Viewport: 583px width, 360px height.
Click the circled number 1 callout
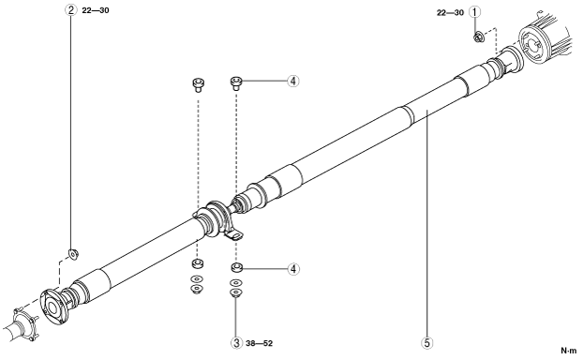tap(474, 12)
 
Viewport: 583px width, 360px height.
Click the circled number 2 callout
tap(70, 10)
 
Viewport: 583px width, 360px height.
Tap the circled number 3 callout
tap(236, 343)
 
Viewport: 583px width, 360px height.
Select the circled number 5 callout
tap(427, 343)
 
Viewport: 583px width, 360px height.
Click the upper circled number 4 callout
tap(293, 81)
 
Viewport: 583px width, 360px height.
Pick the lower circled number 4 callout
tap(293, 269)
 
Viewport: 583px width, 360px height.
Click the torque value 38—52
tap(259, 343)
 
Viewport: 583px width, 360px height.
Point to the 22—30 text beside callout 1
tap(450, 12)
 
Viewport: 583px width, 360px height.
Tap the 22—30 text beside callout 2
tap(96, 10)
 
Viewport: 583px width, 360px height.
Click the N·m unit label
tap(569, 351)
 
